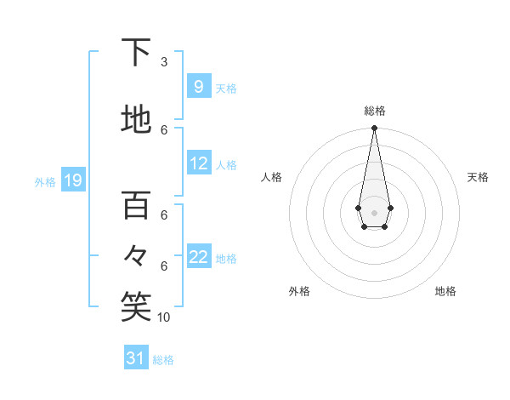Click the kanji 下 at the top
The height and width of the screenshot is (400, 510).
136,53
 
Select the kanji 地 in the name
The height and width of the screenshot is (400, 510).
136,120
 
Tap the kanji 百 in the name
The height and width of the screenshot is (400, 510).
136,205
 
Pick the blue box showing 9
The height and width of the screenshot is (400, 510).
198,86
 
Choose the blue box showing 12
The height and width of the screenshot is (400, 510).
199,163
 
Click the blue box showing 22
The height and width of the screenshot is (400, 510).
199,257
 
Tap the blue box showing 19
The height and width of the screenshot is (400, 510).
72,180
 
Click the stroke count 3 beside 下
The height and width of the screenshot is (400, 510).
164,62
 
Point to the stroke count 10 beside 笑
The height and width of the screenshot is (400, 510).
164,317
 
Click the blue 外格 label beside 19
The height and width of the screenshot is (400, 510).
45,181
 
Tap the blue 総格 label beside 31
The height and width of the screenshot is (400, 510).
163,360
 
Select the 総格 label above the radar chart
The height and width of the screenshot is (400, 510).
374,111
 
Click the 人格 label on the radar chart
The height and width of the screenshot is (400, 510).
272,177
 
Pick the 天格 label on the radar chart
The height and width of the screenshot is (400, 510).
478,177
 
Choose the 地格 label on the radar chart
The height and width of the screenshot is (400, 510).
445,291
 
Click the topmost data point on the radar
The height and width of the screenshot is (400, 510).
374,129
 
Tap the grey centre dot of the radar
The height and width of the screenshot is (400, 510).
374,212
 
